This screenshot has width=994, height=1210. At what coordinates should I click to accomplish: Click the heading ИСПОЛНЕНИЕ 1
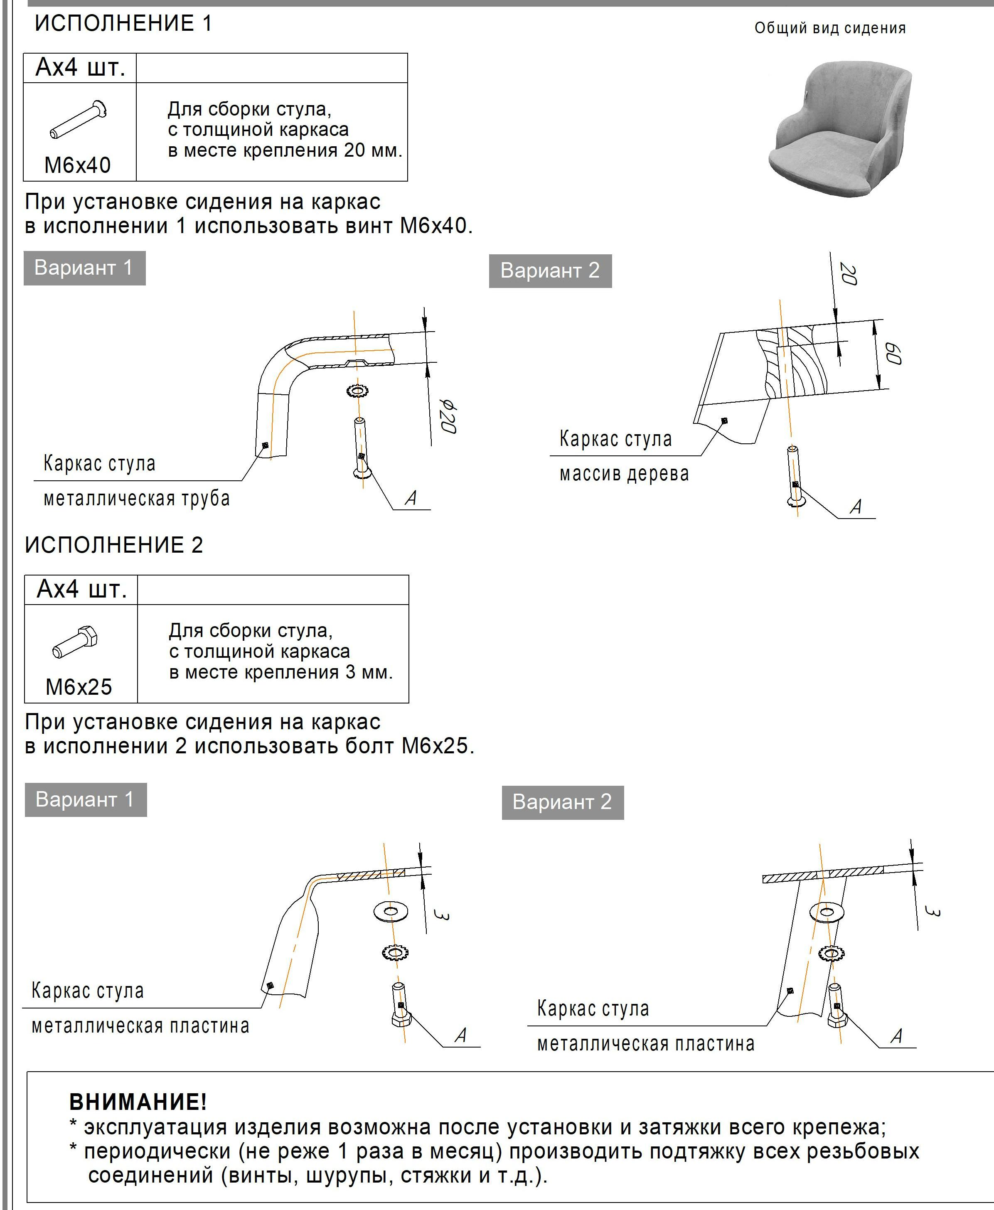click(x=123, y=23)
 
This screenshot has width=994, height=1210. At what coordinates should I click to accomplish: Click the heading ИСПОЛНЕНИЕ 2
click(x=114, y=545)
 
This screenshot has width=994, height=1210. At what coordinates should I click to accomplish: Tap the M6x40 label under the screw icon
click(x=77, y=165)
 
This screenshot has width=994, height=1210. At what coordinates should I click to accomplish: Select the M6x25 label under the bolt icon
click(x=79, y=687)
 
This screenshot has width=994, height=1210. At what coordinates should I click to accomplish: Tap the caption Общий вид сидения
click(x=830, y=28)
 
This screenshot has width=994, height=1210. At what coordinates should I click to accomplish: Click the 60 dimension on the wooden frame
click(x=893, y=354)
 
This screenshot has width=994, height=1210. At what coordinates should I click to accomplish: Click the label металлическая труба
click(x=136, y=499)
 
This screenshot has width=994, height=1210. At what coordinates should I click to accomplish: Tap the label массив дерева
click(x=624, y=474)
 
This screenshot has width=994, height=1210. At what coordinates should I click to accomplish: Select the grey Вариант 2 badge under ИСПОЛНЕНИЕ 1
click(x=550, y=271)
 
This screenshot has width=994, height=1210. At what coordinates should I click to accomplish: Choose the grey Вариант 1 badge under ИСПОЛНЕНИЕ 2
click(x=85, y=799)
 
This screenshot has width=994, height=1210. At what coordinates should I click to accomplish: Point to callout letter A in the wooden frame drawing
click(x=856, y=507)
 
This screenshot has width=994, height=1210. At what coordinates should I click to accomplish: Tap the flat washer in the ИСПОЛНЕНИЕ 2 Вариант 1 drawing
click(x=391, y=911)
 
